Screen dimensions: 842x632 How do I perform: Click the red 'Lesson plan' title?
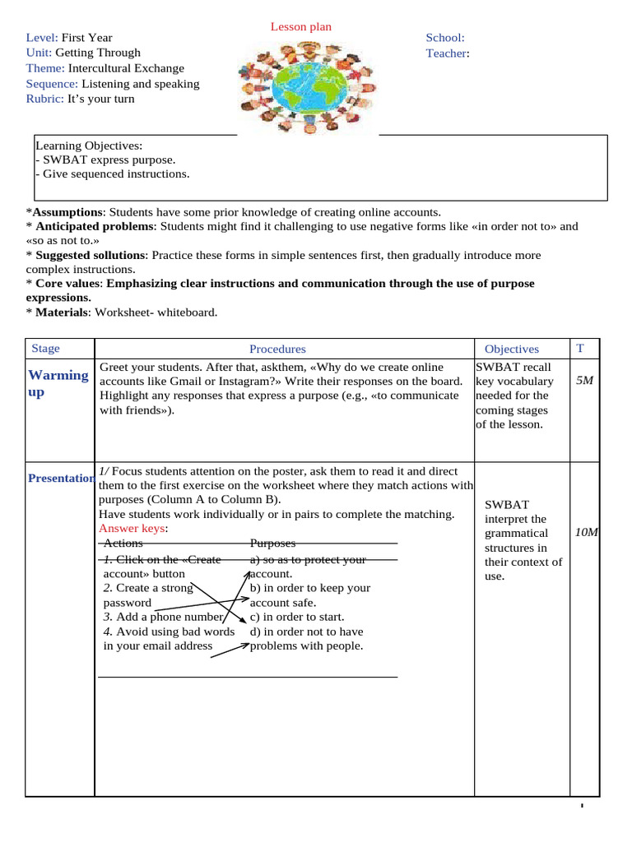[301, 27]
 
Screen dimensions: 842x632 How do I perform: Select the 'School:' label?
[444, 38]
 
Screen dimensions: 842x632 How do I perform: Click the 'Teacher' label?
[446, 53]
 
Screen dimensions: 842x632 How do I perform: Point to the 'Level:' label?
[42, 38]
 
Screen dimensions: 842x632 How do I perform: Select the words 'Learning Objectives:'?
[89, 145]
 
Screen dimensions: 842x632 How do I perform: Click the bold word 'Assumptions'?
[68, 211]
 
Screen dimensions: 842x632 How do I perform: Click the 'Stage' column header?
[45, 349]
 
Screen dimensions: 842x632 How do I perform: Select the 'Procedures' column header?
[277, 349]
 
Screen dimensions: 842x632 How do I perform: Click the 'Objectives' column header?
[512, 349]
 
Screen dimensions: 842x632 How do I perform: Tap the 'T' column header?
[580, 349]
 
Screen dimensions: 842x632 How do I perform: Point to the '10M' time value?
[587, 533]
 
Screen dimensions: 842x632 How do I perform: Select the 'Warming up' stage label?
[58, 383]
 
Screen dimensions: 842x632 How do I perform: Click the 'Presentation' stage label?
[61, 479]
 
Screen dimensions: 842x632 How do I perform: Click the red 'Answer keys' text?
[132, 529]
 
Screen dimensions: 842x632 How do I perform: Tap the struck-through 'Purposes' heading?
[272, 544]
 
